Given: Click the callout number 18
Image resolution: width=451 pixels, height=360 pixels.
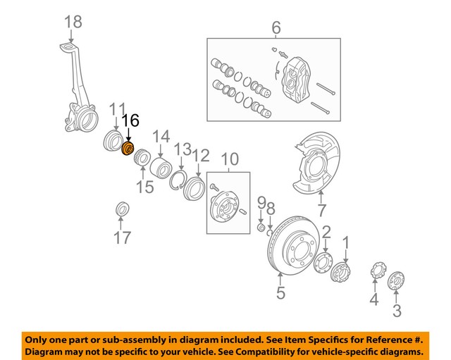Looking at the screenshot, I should tap(73, 22).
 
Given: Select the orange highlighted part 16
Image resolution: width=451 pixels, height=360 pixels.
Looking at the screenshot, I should tap(128, 149).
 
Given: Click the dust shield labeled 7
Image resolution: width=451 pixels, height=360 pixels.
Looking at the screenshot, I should tap(311, 170).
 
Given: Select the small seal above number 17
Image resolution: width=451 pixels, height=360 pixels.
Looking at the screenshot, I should tap(122, 209).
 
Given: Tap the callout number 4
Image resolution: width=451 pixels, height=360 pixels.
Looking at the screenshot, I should tap(374, 301).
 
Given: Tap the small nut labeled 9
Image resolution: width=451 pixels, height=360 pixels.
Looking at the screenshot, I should tap(260, 228).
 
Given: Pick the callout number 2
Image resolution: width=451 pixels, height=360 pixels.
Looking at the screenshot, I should tap(326, 232).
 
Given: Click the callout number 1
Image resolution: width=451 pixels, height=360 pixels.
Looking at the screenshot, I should tap(346, 243).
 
